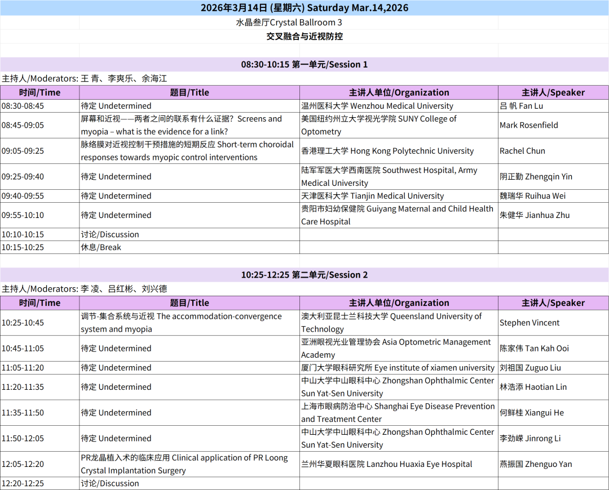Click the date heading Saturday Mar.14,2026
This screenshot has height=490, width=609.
tap(304, 8)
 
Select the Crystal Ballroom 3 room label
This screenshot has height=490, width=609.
tap(289, 23)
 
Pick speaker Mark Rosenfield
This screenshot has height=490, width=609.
tap(528, 125)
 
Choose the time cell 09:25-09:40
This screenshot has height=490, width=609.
tap(22, 176)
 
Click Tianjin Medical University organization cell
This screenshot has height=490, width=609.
tap(372, 196)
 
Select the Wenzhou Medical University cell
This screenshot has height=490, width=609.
tap(377, 106)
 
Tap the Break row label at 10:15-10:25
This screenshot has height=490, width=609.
tap(101, 247)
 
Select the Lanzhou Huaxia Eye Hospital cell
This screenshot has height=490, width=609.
tap(386, 464)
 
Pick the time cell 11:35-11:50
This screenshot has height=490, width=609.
tap(22, 413)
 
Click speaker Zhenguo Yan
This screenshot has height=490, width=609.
tap(536, 464)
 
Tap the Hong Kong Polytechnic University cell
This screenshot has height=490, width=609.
tap(387, 151)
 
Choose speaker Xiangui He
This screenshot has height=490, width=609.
tap(531, 413)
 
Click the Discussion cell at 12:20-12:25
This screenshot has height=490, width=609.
tap(109, 483)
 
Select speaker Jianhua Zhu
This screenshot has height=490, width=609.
tap(535, 215)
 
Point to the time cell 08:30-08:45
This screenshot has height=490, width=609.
tap(22, 106)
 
